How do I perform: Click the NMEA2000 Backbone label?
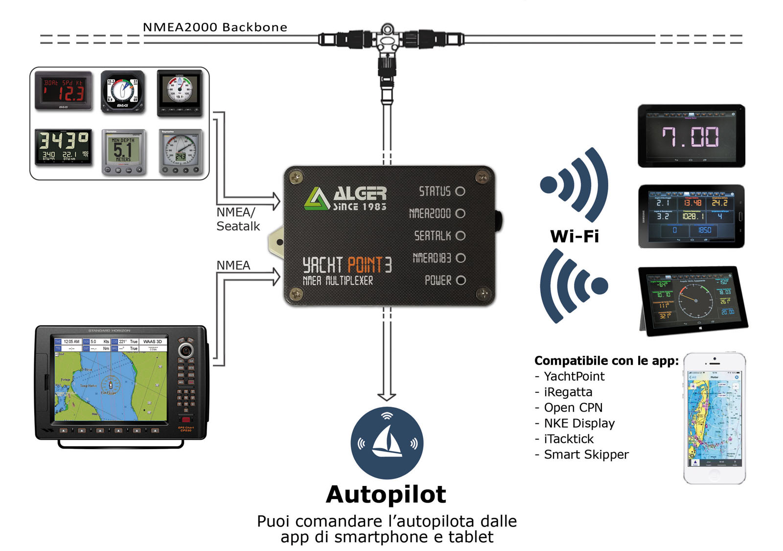[215, 27]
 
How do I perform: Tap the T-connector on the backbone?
[387, 39]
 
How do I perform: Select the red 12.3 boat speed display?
[64, 91]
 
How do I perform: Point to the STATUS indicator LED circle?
[460, 191]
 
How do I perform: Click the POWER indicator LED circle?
[460, 280]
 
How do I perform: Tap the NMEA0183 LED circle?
[460, 258]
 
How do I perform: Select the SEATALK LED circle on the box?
[460, 236]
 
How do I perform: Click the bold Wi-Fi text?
[575, 236]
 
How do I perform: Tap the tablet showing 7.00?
[691, 136]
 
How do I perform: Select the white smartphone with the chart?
[714, 418]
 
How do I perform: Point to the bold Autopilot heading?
[386, 494]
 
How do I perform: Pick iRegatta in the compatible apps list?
[568, 392]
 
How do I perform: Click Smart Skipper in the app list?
[586, 455]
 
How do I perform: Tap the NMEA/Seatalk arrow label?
[238, 219]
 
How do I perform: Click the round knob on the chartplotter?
[185, 350]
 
